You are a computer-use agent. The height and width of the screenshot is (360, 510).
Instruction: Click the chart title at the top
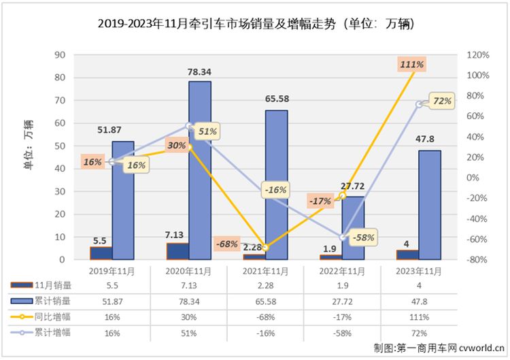click(255, 23)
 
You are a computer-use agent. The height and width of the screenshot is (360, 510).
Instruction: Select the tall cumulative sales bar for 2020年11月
click(199, 170)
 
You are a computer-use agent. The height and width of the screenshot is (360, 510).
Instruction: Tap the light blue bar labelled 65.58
click(276, 184)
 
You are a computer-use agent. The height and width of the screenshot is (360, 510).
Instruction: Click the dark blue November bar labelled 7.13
click(177, 251)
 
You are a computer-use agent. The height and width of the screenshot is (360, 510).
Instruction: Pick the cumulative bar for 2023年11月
click(429, 204)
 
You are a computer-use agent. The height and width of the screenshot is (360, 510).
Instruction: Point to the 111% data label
click(413, 65)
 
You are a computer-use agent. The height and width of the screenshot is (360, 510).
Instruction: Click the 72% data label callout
click(442, 101)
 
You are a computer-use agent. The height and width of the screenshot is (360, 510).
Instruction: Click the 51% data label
click(207, 131)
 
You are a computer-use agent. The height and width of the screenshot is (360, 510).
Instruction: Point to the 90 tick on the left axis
click(60, 55)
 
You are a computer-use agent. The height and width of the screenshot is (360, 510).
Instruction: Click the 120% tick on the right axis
click(479, 55)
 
